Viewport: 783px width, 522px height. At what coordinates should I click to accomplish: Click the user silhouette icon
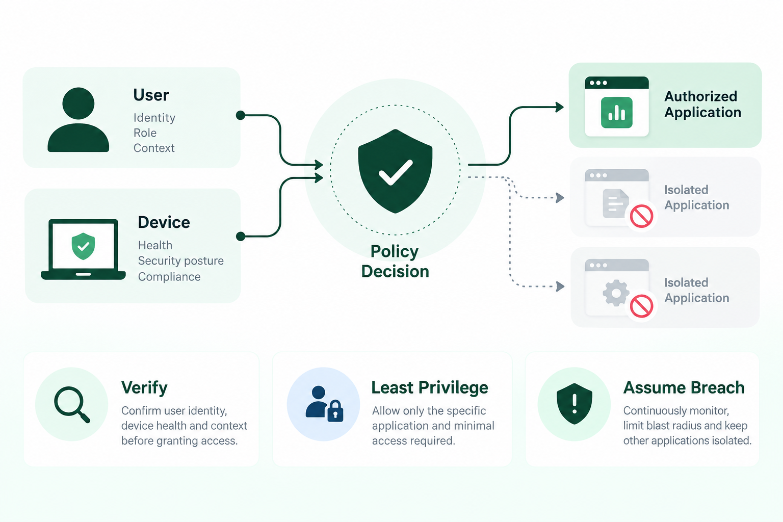(x=79, y=120)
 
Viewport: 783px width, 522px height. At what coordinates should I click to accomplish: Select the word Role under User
(x=145, y=133)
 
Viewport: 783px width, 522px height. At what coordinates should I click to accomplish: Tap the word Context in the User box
(x=154, y=148)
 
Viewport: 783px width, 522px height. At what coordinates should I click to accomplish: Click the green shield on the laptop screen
(x=83, y=246)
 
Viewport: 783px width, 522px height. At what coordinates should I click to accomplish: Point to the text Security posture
(x=181, y=261)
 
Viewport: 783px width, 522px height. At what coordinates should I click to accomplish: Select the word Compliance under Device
(x=169, y=277)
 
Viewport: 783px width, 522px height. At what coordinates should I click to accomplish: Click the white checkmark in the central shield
(x=396, y=172)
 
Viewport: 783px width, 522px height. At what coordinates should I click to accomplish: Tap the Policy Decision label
(x=395, y=261)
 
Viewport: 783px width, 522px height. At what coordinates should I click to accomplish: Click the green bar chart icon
(x=617, y=113)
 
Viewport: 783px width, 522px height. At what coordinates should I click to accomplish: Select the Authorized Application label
(x=702, y=104)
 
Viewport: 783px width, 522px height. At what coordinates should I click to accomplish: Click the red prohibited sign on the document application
(x=641, y=216)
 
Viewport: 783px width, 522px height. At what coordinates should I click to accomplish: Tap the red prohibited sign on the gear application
(x=641, y=306)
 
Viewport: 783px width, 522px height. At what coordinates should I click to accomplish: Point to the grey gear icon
(x=616, y=293)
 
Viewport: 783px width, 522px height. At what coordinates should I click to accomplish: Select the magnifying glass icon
(x=72, y=405)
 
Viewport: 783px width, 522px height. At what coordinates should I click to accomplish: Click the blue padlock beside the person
(x=335, y=410)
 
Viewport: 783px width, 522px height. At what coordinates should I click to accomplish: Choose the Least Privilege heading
(x=430, y=387)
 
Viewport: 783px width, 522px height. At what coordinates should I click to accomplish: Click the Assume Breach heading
(x=684, y=387)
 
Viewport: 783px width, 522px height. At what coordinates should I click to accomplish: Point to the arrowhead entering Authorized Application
(x=560, y=107)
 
